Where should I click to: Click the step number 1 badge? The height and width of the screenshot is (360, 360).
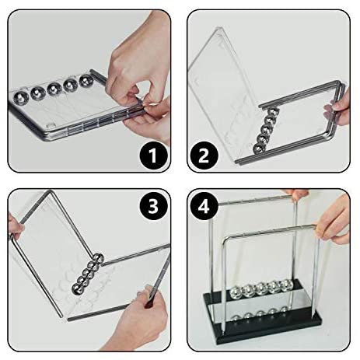pos(153,156)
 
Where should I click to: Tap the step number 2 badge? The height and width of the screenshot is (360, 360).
pos(204,156)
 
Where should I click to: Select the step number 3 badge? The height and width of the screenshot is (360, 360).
pos(153,206)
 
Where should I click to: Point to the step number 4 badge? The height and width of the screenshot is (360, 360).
pos(204,206)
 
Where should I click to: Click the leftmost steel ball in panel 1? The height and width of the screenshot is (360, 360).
pos(21,97)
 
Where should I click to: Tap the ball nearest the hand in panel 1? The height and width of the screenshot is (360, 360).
pos(86,81)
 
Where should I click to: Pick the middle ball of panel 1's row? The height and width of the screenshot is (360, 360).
pos(54,89)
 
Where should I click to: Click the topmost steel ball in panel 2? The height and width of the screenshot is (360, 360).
pos(273,113)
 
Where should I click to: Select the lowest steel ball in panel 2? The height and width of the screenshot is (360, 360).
pos(259,148)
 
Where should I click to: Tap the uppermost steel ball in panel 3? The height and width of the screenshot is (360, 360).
pos(98,258)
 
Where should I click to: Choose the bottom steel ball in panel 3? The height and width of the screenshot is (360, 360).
pos(78,288)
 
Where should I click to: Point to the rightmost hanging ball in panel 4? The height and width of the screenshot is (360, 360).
pos(286,285)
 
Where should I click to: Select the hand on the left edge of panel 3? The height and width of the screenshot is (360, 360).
pos(15,225)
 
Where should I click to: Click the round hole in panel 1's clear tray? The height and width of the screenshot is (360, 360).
pos(51,125)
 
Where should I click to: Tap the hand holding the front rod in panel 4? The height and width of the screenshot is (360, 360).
pos(333,220)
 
